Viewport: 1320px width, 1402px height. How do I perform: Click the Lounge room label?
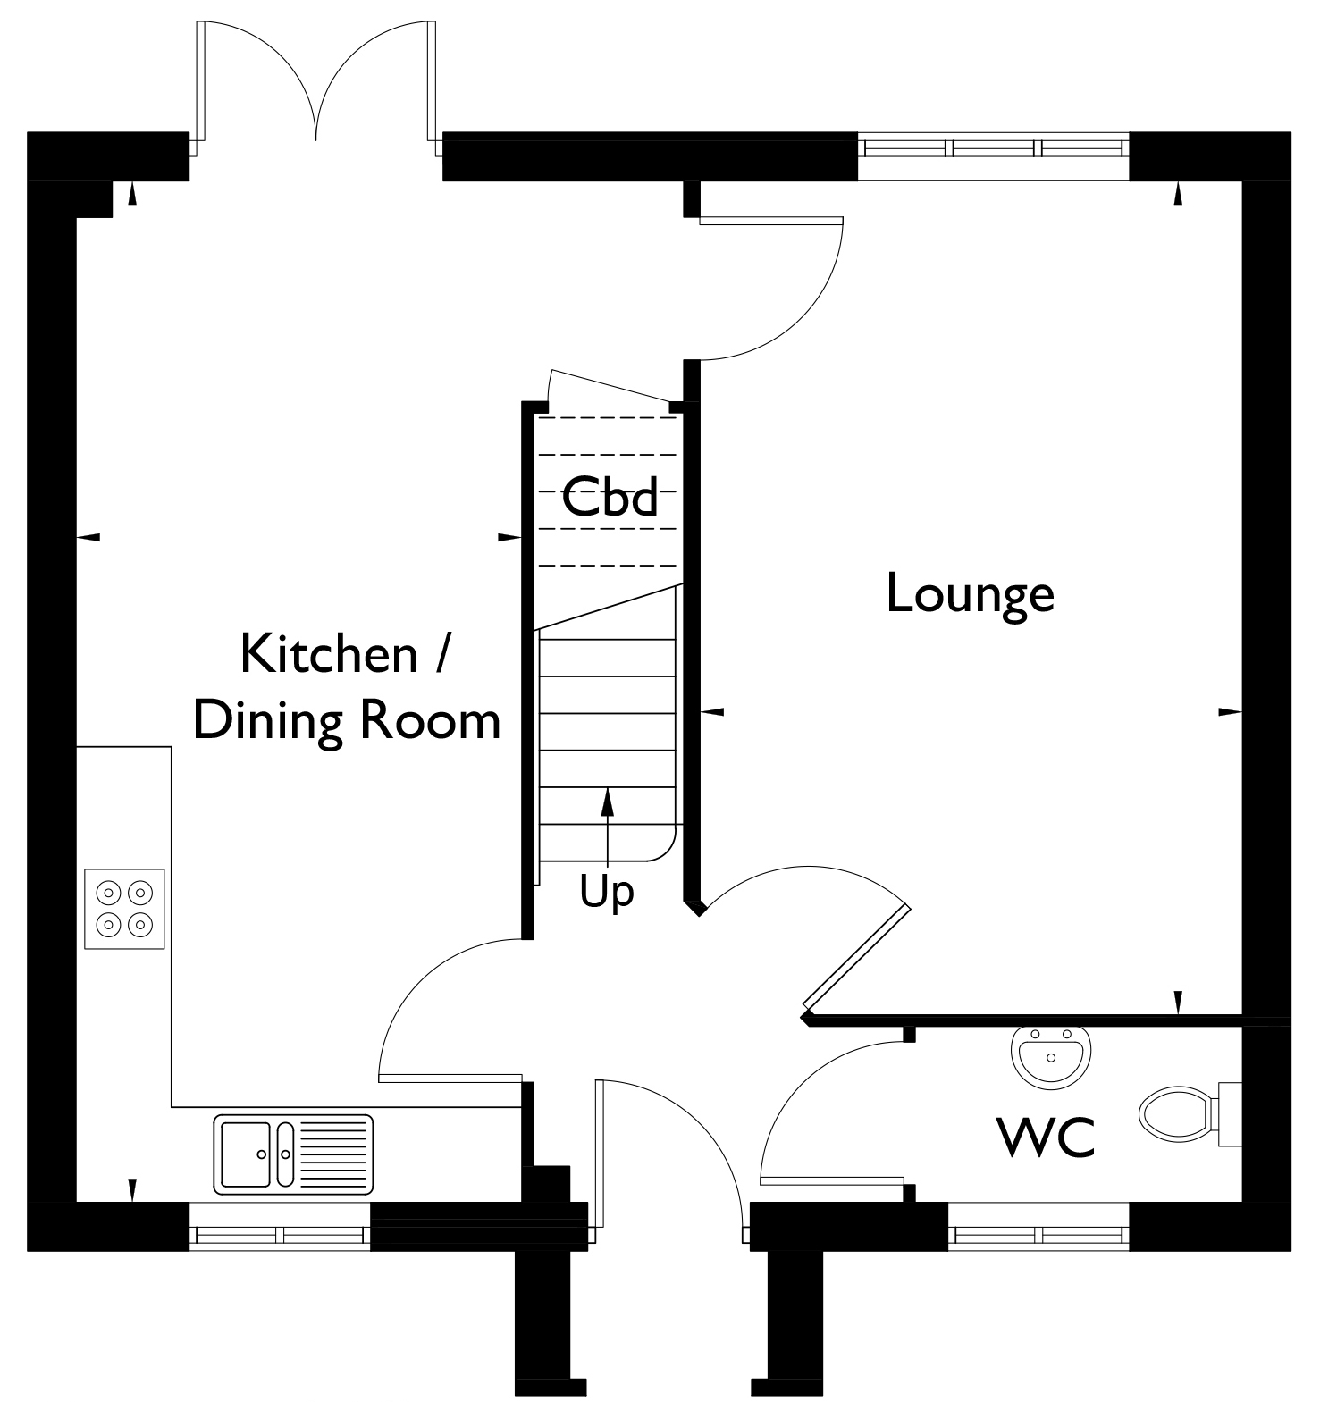(x=970, y=595)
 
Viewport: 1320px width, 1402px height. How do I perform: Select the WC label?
(x=1045, y=1138)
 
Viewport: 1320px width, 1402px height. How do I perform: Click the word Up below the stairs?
(x=607, y=891)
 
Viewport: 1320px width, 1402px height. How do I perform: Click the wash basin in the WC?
(x=1051, y=1056)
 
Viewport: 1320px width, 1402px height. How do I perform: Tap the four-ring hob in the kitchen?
(x=125, y=908)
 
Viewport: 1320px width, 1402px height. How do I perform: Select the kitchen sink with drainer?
(x=293, y=1154)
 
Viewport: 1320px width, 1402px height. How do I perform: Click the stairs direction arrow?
(x=608, y=827)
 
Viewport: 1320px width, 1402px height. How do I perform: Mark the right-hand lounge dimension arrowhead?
(x=1231, y=712)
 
